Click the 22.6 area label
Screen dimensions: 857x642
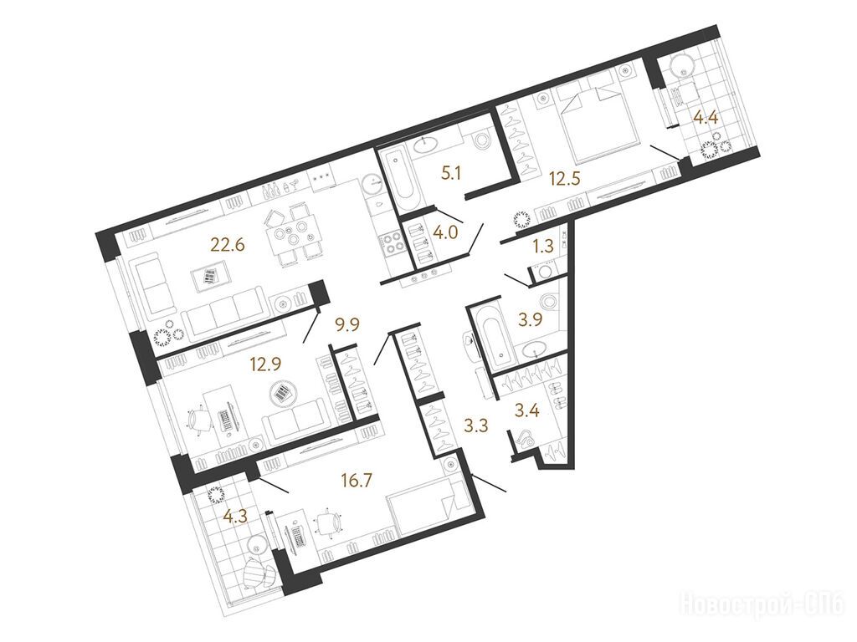click(228, 243)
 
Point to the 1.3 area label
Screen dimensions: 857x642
click(544, 247)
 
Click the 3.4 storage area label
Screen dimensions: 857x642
click(528, 410)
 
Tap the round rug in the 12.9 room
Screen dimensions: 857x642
click(282, 393)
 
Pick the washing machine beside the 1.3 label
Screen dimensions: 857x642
click(544, 272)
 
